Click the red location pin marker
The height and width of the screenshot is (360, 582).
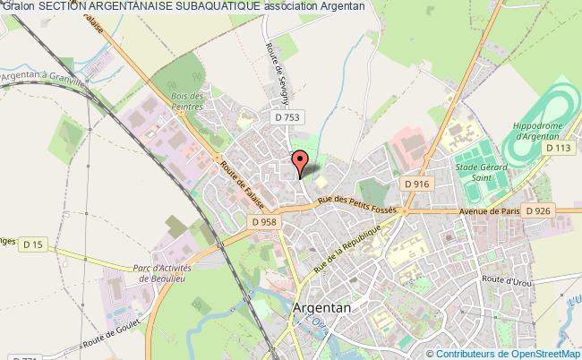coord(300,162)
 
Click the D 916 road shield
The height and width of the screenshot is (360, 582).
coord(416,183)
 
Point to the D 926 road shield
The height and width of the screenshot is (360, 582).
coord(538,210)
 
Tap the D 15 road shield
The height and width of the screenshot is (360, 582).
coord(34,244)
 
